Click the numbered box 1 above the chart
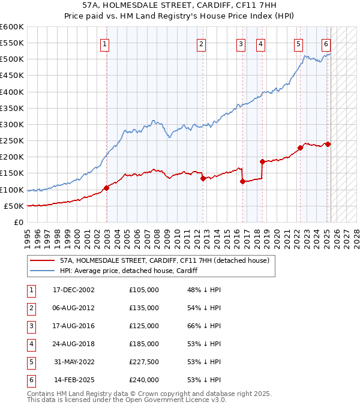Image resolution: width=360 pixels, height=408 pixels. [105, 44]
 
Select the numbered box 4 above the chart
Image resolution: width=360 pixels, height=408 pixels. [261, 44]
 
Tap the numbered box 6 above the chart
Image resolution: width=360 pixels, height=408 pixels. [326, 44]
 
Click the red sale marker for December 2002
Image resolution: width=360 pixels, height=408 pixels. [106, 188]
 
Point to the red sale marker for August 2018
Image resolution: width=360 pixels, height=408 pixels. [262, 161]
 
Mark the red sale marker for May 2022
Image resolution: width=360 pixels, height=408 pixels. [300, 148]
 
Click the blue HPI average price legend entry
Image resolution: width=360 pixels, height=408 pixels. [128, 271]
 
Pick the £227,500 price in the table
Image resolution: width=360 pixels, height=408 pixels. [143, 362]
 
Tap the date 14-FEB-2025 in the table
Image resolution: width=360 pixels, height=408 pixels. [72, 380]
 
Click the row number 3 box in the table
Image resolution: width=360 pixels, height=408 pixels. [30, 326]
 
